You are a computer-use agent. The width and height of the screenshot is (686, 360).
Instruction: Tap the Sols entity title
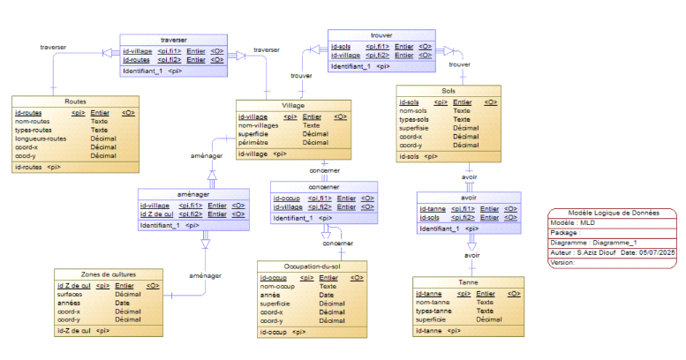coord(449,91)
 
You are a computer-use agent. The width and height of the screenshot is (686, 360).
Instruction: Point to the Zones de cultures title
coord(109,274)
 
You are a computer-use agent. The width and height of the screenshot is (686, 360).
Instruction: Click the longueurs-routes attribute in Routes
coord(41,138)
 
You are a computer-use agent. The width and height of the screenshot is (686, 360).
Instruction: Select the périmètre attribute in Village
coord(254,142)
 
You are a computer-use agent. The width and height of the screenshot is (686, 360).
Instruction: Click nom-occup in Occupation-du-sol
coord(278,287)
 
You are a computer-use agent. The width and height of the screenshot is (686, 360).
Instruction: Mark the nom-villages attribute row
coord(259,125)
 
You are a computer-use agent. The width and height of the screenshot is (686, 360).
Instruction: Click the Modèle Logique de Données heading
coord(612,214)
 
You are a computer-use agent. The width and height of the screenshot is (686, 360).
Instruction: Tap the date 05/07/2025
coord(654,252)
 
